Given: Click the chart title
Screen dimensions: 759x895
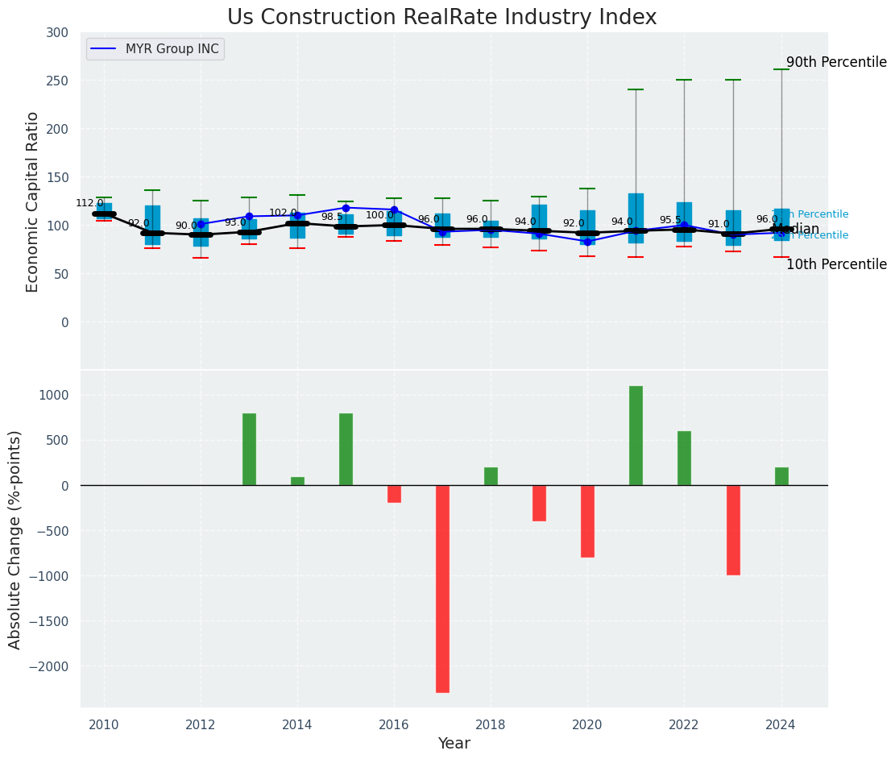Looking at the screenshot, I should [441, 18].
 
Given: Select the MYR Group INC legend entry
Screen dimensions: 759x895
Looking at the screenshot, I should [172, 49].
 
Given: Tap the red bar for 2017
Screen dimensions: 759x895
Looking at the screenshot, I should [442, 588].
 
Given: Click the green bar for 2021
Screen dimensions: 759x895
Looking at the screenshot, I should [636, 435].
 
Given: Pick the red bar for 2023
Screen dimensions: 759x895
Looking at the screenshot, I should [733, 529].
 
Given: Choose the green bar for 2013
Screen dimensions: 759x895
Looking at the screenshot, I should [249, 449].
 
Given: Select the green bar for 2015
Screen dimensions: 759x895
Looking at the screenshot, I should [346, 449].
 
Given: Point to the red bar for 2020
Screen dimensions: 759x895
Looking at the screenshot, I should [587, 521].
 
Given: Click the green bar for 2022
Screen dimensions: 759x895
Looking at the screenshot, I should [684, 458].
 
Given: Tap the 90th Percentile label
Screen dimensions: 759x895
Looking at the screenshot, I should [836, 63].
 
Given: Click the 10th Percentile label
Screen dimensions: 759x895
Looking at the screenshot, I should [836, 264].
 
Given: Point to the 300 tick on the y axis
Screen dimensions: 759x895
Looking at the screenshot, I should [57, 32].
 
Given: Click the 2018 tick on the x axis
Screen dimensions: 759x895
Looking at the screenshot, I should [491, 724].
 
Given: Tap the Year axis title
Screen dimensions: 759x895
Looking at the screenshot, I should [454, 744].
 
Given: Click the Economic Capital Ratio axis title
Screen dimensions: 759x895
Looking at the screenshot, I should [33, 201].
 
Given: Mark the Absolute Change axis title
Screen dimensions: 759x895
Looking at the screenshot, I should [15, 539].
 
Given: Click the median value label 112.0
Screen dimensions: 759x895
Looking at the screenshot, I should [89, 203].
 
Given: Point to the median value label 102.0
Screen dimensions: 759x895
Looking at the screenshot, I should [283, 213].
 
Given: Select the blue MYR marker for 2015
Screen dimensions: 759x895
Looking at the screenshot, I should [346, 208].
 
